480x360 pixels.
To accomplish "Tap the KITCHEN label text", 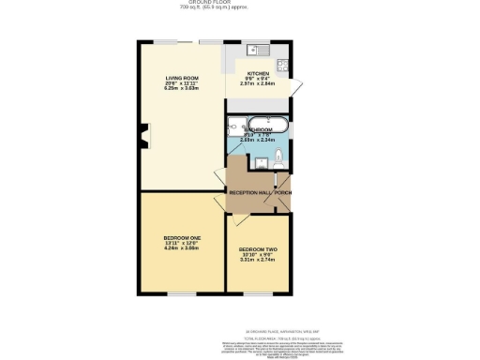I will pos(258,73).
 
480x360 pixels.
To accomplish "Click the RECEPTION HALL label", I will pos(249,193).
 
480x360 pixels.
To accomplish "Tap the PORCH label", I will pos(282,193).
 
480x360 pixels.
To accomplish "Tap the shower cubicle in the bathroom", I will pos(234,126).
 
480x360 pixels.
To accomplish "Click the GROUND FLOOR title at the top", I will pos(240,3).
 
